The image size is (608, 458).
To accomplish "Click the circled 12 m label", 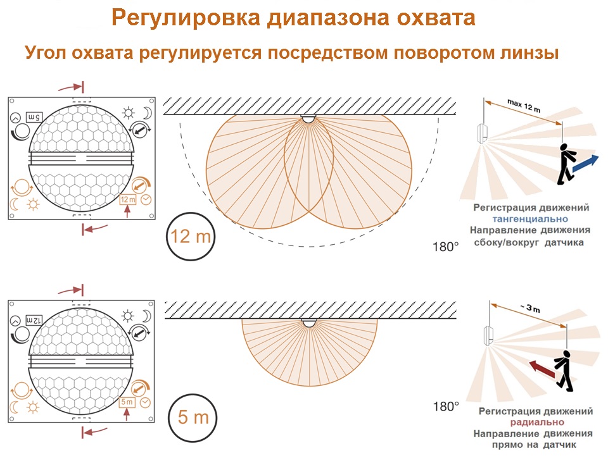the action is (x=190, y=236).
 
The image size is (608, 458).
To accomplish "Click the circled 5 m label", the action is (x=193, y=418).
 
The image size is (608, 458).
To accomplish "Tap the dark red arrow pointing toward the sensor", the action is (x=541, y=368).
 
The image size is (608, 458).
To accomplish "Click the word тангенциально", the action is (x=530, y=219).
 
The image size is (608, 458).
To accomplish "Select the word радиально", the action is (x=537, y=423).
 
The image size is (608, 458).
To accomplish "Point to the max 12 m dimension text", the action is (x=524, y=105).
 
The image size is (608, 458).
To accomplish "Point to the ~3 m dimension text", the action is (x=530, y=308).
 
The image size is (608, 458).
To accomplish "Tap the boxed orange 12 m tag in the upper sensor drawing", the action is (x=127, y=200).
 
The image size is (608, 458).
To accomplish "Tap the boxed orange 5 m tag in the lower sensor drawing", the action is (x=127, y=402).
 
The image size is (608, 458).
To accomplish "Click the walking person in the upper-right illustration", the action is (x=566, y=164).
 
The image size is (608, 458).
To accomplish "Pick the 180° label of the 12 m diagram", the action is (x=445, y=247).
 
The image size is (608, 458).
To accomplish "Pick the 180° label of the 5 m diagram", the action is (x=446, y=407).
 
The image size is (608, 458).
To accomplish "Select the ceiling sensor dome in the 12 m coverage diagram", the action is (x=308, y=118).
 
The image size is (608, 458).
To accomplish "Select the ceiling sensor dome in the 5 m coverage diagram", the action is (x=309, y=323).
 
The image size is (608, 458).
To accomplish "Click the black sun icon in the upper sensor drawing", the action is (x=129, y=113).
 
